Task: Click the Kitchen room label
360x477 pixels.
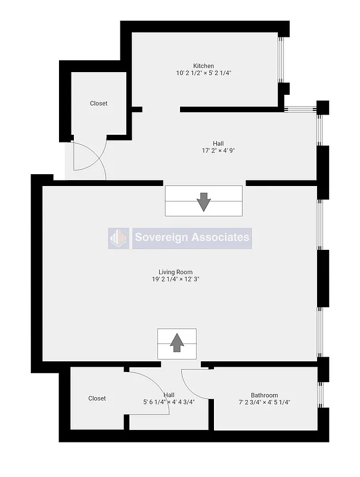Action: (x=203, y=66)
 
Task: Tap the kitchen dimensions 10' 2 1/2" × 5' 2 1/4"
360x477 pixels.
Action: (x=203, y=73)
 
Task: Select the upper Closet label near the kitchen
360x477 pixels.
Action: (x=99, y=103)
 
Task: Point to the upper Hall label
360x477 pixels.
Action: (x=218, y=143)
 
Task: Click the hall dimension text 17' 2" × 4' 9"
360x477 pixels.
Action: (x=218, y=151)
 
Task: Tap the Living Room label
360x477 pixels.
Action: (x=175, y=272)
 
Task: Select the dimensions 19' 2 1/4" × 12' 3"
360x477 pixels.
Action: (x=175, y=280)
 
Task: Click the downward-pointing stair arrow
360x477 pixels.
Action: (x=204, y=202)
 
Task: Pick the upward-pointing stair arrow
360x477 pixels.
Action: (x=177, y=343)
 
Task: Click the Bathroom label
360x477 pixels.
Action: (x=264, y=395)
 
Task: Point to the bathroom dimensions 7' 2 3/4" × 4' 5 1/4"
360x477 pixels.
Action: (x=264, y=402)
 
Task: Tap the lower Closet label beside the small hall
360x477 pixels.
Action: (x=97, y=398)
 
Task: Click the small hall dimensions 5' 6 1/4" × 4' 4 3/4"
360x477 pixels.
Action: (x=169, y=402)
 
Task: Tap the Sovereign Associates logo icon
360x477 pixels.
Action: (x=119, y=238)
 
